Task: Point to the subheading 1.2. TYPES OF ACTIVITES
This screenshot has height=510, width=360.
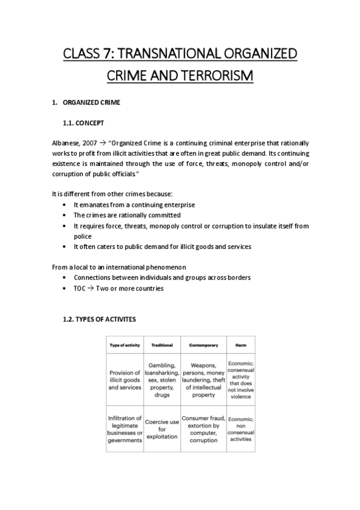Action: point(99,319)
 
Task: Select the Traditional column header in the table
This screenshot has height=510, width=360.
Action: point(162,345)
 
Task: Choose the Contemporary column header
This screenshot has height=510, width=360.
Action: point(203,345)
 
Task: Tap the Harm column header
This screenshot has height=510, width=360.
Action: point(240,345)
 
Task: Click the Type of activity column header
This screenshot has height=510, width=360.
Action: point(124,345)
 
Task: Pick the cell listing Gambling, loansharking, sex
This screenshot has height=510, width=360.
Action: point(162,379)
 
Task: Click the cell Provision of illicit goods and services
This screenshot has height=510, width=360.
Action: point(124,379)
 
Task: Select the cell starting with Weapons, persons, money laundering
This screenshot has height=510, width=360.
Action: point(203,379)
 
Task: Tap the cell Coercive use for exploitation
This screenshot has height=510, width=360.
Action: point(162,429)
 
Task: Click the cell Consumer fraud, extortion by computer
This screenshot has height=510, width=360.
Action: point(203,429)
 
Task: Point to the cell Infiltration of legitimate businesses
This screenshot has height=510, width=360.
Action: point(124,429)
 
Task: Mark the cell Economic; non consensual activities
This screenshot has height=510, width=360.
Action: point(240,429)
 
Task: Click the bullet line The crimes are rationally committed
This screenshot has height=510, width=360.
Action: point(127,215)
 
